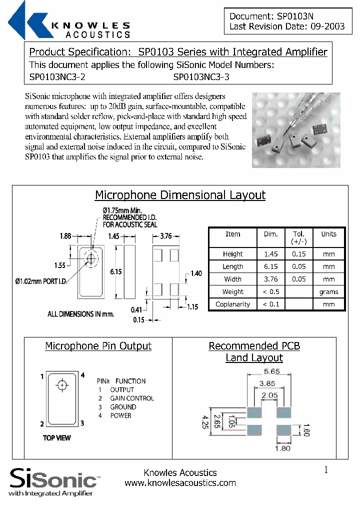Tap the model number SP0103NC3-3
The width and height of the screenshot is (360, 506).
tap(201, 77)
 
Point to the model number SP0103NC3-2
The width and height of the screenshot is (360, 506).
tap(57, 77)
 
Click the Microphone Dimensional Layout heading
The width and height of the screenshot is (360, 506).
tap(180, 195)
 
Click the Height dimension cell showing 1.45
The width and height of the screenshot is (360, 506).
tap(271, 254)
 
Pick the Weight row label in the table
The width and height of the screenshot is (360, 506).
tap(233, 291)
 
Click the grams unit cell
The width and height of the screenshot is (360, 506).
tap(328, 291)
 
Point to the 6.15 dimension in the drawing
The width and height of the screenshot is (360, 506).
tap(115, 271)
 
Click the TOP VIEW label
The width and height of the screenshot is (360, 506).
tap(57, 438)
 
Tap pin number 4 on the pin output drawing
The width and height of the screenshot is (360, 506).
tap(82, 375)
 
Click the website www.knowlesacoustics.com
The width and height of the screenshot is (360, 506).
tap(180, 483)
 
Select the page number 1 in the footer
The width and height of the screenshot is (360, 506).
tap(326, 470)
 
